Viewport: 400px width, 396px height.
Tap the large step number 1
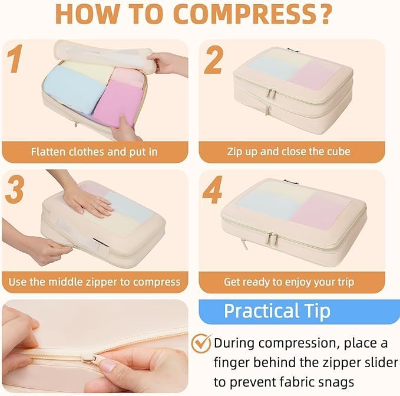[15, 58]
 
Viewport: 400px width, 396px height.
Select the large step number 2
[214, 60]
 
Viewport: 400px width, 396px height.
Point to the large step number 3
[15, 189]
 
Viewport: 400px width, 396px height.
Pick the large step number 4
[213, 190]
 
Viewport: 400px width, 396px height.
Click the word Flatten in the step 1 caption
[48, 152]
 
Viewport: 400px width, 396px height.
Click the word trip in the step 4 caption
[346, 282]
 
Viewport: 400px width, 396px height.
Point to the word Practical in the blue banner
[262, 310]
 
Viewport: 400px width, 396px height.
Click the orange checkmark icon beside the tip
[201, 343]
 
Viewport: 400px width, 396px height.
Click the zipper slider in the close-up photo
[90, 357]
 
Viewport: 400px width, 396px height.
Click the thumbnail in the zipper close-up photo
[108, 365]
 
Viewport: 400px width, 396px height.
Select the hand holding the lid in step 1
[168, 64]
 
